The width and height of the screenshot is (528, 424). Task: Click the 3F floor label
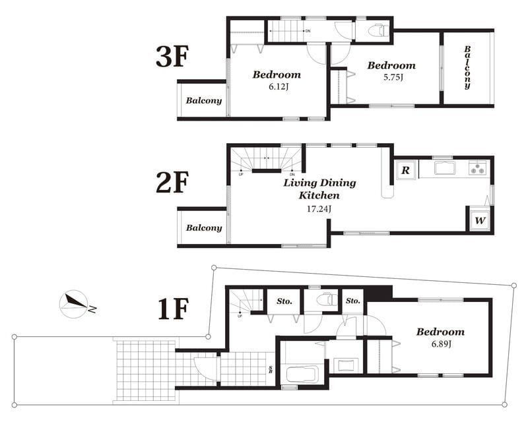173,57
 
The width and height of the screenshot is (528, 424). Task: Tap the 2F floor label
173,183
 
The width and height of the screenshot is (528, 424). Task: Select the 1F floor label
173,307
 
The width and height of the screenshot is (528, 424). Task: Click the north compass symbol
75,303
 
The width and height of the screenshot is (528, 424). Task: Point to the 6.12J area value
276,86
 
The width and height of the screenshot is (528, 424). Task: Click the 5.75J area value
391,77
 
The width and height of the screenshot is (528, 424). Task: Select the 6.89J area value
440,344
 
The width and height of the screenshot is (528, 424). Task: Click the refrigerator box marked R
405,169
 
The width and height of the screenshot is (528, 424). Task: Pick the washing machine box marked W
480,220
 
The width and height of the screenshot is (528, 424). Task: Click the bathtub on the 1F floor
302,375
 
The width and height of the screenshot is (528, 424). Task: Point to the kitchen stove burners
478,168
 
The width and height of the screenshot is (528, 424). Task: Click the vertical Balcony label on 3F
467,67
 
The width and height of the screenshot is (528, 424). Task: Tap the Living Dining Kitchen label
319,189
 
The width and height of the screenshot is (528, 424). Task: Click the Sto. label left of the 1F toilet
284,301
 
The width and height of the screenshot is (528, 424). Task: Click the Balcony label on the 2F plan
203,227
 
